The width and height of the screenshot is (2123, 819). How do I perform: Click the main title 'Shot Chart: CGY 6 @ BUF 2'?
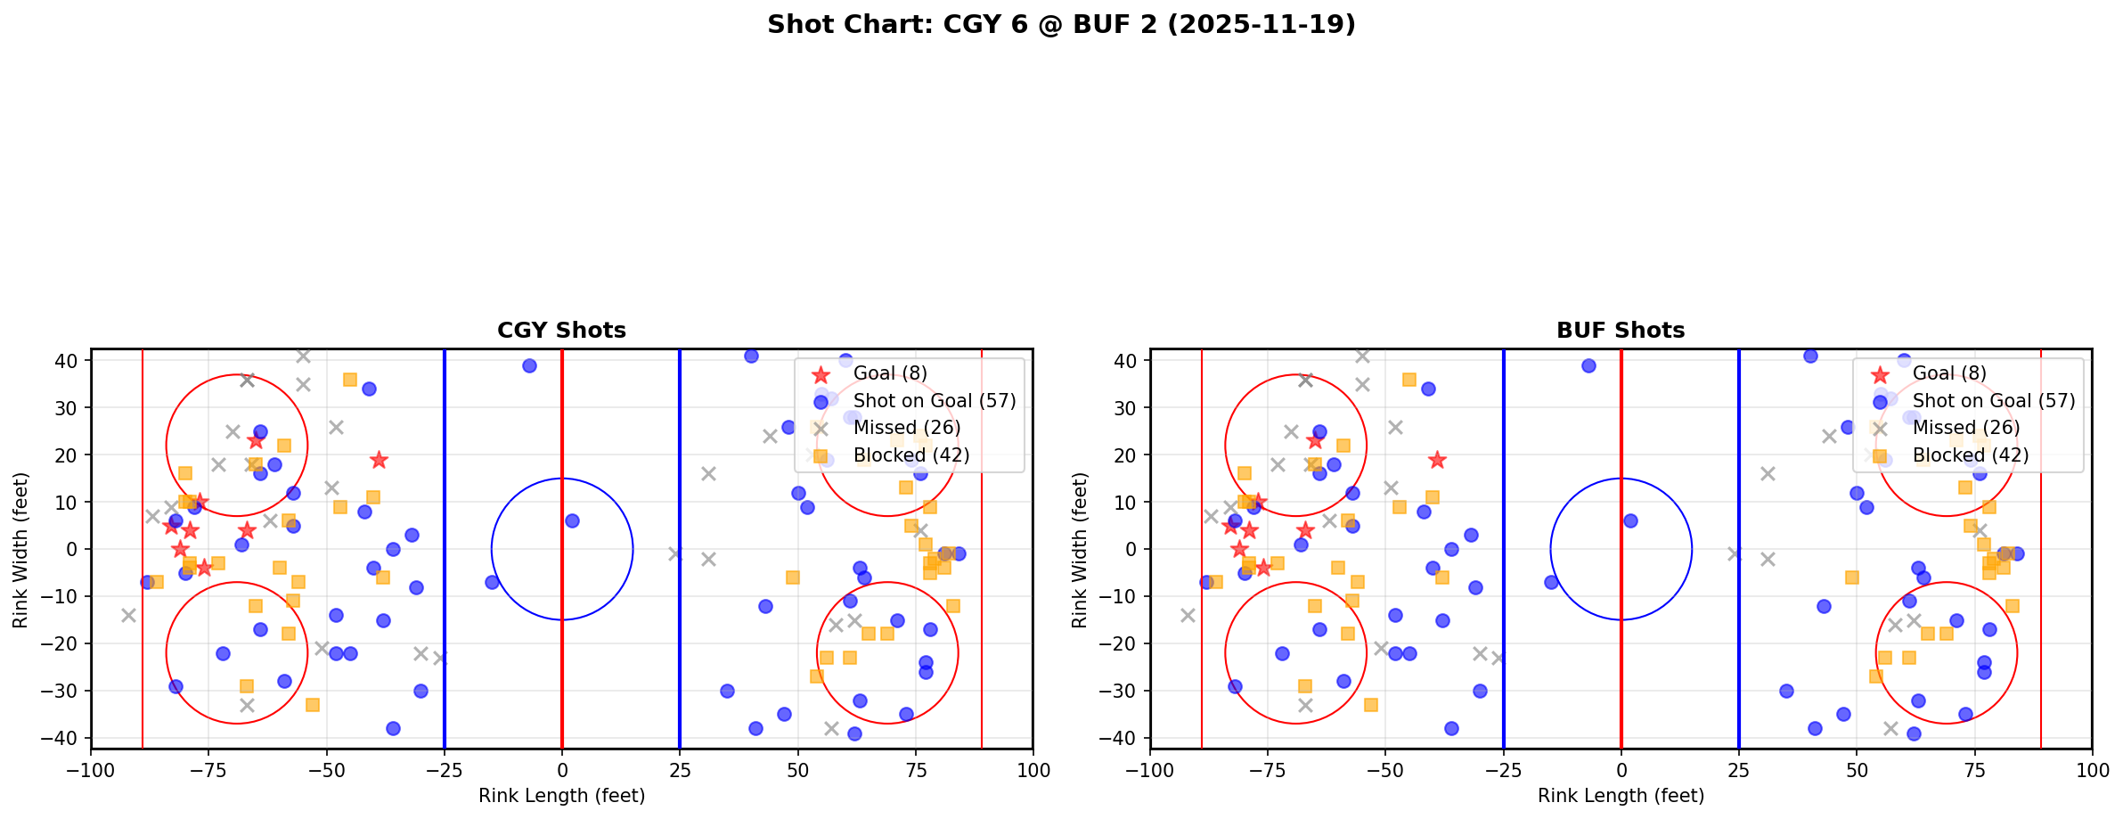pyautogui.click(x=1061, y=25)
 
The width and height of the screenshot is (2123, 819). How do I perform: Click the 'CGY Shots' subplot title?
pyautogui.click(x=561, y=331)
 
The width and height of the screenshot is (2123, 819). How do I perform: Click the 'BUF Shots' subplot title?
pyautogui.click(x=1621, y=331)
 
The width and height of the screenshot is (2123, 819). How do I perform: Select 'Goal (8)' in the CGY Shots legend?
pyautogui.click(x=890, y=373)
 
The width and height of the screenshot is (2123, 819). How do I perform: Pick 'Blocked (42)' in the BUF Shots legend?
pyautogui.click(x=1971, y=455)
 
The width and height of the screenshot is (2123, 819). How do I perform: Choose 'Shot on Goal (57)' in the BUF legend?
pyautogui.click(x=1994, y=401)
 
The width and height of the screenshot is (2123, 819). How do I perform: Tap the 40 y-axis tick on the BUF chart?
pyautogui.click(x=1124, y=361)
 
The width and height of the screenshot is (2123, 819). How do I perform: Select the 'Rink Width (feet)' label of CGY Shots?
pyautogui.click(x=20, y=549)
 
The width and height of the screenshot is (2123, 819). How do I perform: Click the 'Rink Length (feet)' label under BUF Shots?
pyautogui.click(x=1621, y=796)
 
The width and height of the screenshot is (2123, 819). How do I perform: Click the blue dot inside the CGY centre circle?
pyautogui.click(x=572, y=520)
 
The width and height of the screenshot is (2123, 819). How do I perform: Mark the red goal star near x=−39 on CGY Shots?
pyautogui.click(x=379, y=460)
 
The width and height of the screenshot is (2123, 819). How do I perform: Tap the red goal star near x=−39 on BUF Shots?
pyautogui.click(x=1437, y=460)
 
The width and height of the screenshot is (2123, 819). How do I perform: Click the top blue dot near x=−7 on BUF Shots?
pyautogui.click(x=1588, y=365)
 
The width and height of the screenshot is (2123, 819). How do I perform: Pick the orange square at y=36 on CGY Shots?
pyautogui.click(x=350, y=380)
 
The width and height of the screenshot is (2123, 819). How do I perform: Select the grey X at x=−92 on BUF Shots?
pyautogui.click(x=1188, y=615)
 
